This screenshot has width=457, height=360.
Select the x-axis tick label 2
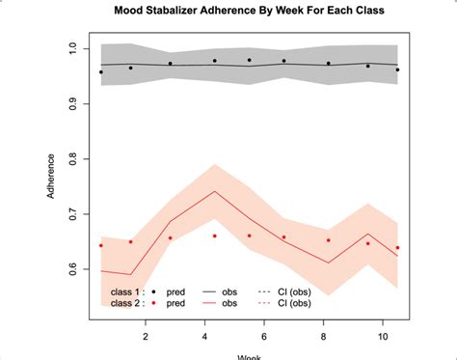(x=146, y=336)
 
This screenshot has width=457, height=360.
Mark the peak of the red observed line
(x=214, y=190)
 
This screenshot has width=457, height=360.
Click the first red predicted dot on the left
(x=100, y=245)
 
